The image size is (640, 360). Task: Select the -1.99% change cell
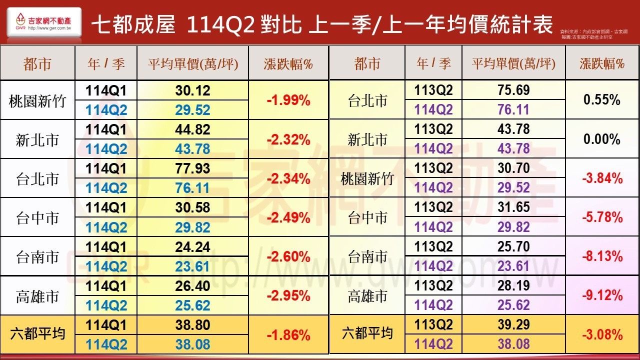tap(288, 100)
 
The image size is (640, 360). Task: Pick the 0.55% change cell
tap(602, 100)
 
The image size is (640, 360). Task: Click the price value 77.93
tap(192, 168)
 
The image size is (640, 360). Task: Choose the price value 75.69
tap(513, 90)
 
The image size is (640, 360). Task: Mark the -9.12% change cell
tap(602, 295)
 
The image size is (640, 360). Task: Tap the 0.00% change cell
tap(602, 139)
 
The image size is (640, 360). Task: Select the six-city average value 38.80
tap(192, 325)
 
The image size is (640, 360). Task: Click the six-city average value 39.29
tap(513, 325)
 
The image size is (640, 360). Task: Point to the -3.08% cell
tap(602, 334)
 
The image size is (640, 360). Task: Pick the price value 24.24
tap(192, 247)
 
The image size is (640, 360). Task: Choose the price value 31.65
tap(513, 207)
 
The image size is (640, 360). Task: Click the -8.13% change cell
tap(602, 256)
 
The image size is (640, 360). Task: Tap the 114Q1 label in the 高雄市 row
tap(106, 286)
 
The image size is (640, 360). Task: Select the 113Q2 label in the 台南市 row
tap(433, 247)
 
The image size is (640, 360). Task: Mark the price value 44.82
tap(192, 129)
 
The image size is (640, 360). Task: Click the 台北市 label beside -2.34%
tap(37, 178)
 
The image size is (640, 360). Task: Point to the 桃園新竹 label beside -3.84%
tap(367, 178)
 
